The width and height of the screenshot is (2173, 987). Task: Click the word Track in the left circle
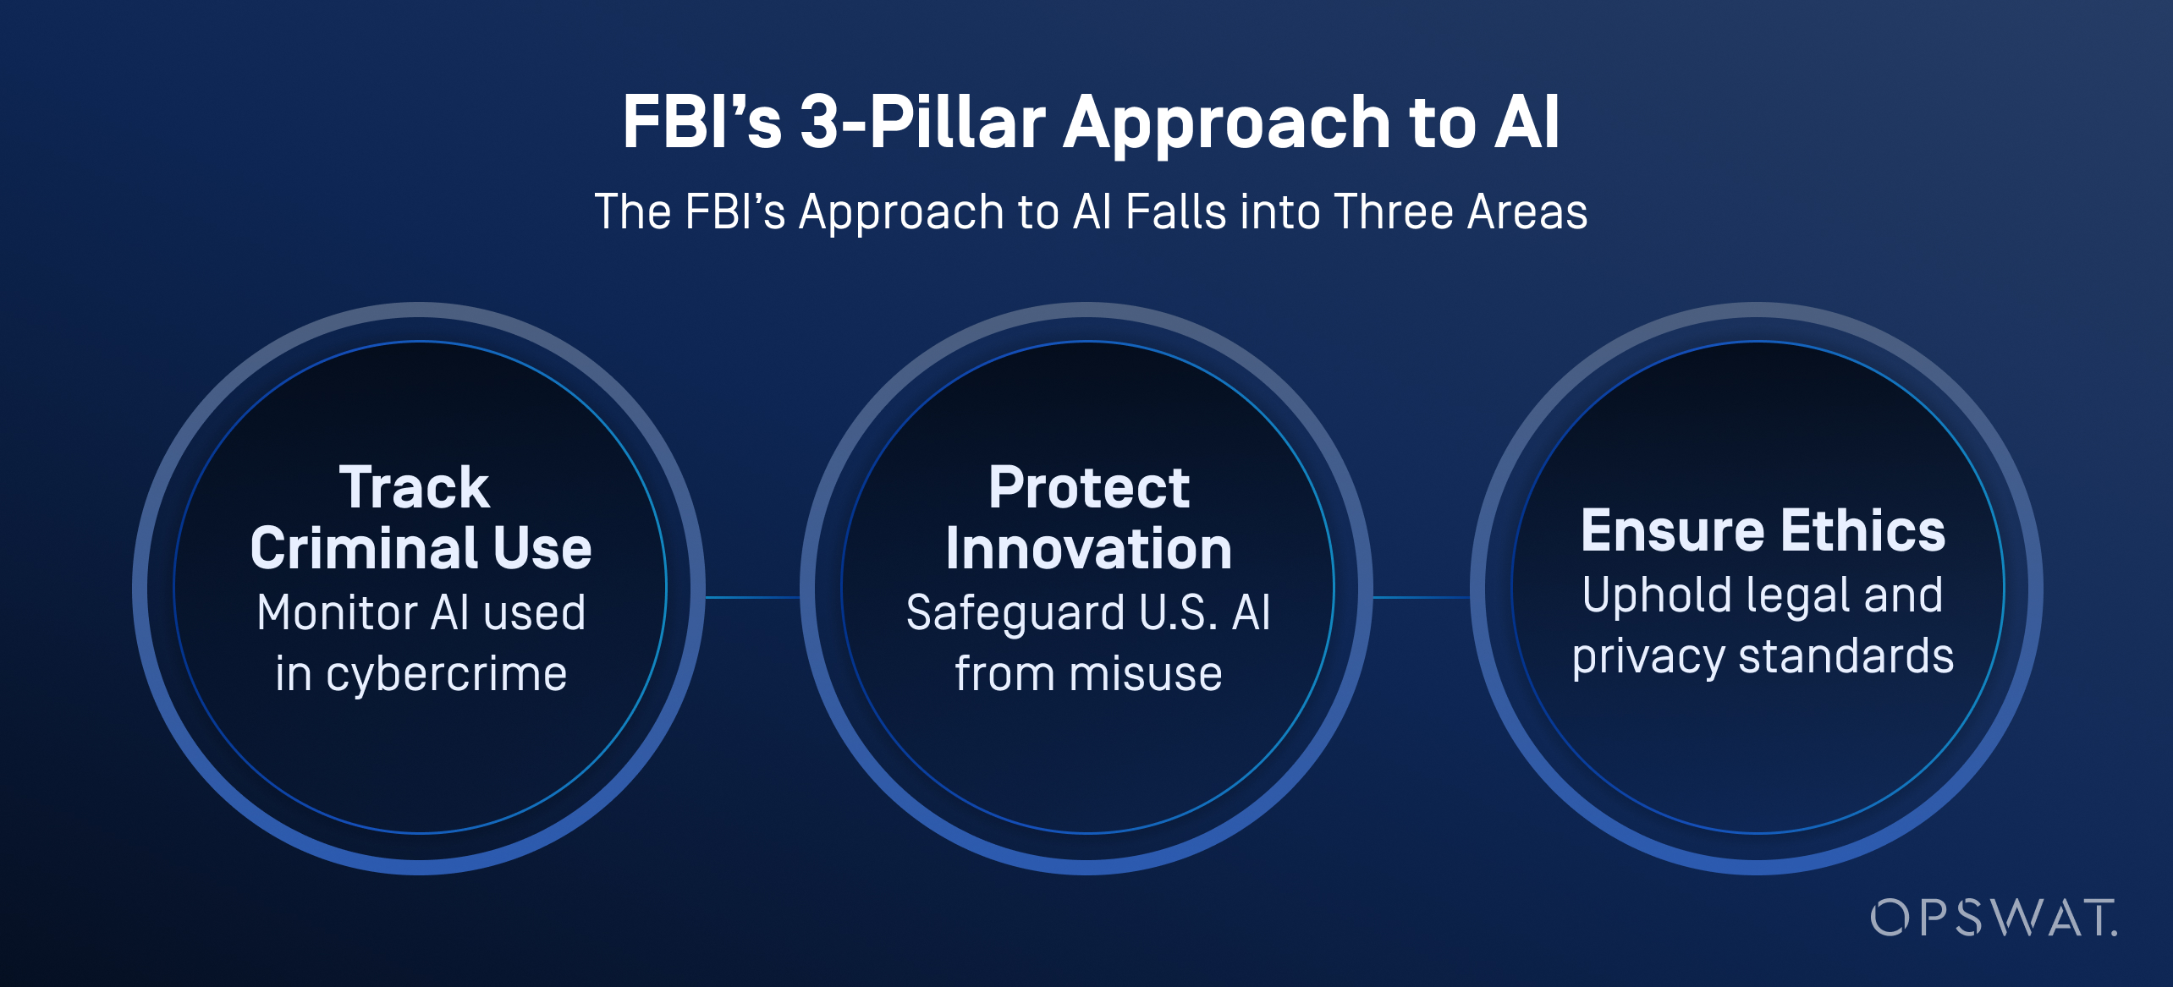(415, 488)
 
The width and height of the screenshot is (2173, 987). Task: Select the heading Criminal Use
(421, 549)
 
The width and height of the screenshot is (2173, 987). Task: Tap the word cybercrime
(446, 675)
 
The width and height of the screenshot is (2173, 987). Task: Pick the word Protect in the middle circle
(1088, 488)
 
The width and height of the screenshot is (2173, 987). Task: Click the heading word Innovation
(1088, 549)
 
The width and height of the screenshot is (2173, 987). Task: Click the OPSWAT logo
(1993, 918)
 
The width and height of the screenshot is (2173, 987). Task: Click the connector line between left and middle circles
(752, 597)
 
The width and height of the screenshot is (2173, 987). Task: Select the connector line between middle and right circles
(1422, 597)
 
